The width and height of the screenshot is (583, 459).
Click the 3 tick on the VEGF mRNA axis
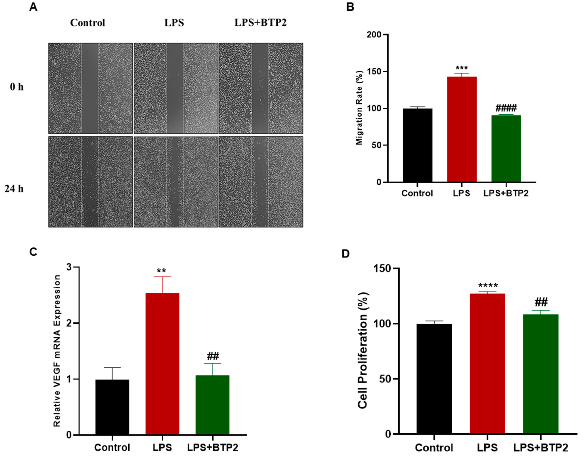click(69, 267)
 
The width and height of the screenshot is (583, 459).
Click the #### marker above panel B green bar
click(506, 108)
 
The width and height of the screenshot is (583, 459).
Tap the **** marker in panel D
click(488, 285)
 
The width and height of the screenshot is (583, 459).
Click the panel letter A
click(33, 7)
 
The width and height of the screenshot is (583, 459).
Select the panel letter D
click(346, 254)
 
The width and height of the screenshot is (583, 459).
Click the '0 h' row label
click(17, 87)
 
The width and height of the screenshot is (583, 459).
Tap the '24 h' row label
click(14, 189)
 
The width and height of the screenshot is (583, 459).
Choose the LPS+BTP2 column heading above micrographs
click(261, 23)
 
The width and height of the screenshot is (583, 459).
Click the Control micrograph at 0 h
click(91, 88)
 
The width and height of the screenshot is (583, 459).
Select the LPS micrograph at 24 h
click(176, 182)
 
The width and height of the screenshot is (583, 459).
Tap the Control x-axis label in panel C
click(112, 447)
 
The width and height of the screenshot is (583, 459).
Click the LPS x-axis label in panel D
click(487, 447)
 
